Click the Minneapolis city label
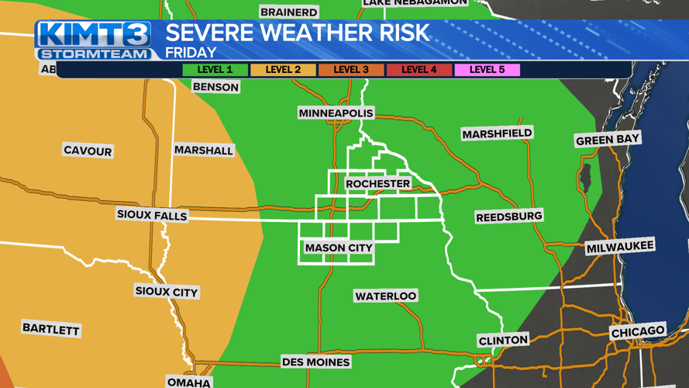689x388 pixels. coord(336,113)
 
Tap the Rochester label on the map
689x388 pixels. coord(377,184)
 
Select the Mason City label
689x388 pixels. coord(339,248)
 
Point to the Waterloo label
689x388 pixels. coord(385,296)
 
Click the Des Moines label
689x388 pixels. coord(315,362)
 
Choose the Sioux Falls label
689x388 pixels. coord(152,215)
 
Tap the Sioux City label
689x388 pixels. coord(166,292)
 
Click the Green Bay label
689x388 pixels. coord(608,140)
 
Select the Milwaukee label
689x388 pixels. coord(620,248)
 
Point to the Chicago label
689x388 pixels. coord(638,331)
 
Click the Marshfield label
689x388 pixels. coord(497,134)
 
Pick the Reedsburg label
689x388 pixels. coord(508,217)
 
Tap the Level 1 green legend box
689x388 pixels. coord(215,70)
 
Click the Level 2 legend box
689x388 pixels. coord(283,70)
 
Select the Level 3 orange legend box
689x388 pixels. coord(351,70)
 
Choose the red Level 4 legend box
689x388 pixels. coord(419,70)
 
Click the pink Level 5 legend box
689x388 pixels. coord(487,70)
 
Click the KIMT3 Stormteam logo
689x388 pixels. coord(94,40)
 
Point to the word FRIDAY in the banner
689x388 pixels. coord(191,54)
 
